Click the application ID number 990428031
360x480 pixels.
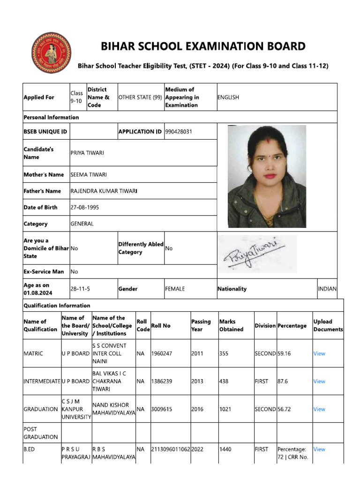pos(179,132)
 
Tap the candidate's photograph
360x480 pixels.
pos(267,176)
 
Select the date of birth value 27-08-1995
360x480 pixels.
pos(84,207)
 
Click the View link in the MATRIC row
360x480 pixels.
pos(319,353)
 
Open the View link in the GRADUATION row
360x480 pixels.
pos(319,409)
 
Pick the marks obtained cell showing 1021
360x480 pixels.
pos(225,409)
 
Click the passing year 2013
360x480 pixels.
pos(197,382)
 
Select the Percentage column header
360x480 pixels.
pos(292,326)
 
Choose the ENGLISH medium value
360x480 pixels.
pos(228,97)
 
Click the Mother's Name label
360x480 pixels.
pos(44,175)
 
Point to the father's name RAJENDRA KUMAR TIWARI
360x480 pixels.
pos(104,191)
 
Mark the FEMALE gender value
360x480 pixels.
pos(175,289)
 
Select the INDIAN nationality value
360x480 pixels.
pos(327,289)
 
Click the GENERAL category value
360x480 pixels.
pos(82,224)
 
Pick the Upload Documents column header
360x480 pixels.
pos(328,326)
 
